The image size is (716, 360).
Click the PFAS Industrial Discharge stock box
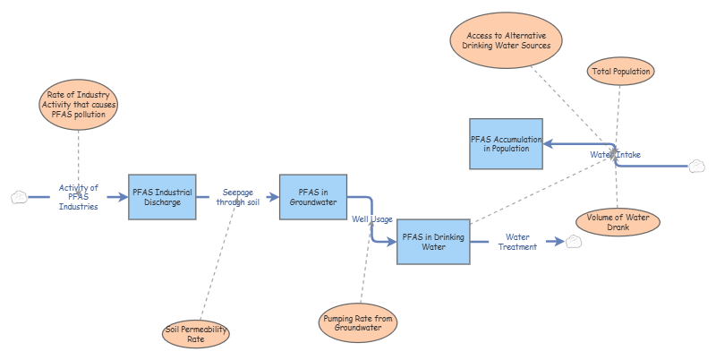click(x=162, y=197)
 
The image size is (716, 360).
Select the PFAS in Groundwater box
click(x=312, y=197)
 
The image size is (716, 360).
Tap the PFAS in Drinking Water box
click(x=433, y=242)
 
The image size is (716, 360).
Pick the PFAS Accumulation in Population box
click(x=506, y=143)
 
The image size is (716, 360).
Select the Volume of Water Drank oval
click(x=617, y=221)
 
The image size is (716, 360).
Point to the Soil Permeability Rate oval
click(x=196, y=334)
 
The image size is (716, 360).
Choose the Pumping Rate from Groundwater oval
click(x=358, y=322)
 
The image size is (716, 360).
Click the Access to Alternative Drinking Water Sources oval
click(x=507, y=39)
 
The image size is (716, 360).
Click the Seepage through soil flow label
click(x=237, y=197)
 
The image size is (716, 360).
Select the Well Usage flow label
click(x=371, y=219)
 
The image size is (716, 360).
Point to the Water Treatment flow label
click(x=517, y=242)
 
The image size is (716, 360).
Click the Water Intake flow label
click(x=615, y=155)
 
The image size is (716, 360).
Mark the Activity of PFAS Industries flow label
click(x=78, y=197)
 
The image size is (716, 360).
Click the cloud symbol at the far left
click(x=18, y=197)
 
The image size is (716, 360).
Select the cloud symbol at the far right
click(x=697, y=166)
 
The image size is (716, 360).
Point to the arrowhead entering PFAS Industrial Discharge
click(x=123, y=197)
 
